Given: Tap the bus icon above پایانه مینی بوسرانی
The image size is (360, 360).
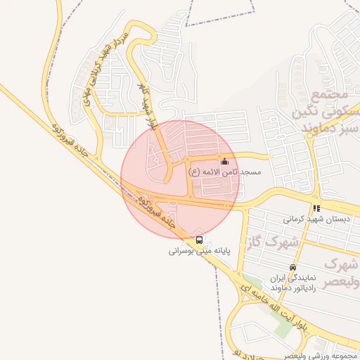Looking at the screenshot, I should pos(199,240).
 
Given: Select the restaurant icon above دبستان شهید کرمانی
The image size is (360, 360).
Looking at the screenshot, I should pos(316,208).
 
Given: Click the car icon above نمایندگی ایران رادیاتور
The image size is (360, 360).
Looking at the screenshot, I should pos(292,267).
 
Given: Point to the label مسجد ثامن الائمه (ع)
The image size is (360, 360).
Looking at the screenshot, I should pos(224,172).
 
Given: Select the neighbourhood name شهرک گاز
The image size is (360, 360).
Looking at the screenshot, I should pos(270,243).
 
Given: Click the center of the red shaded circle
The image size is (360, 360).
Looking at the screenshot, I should pos(180,179).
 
